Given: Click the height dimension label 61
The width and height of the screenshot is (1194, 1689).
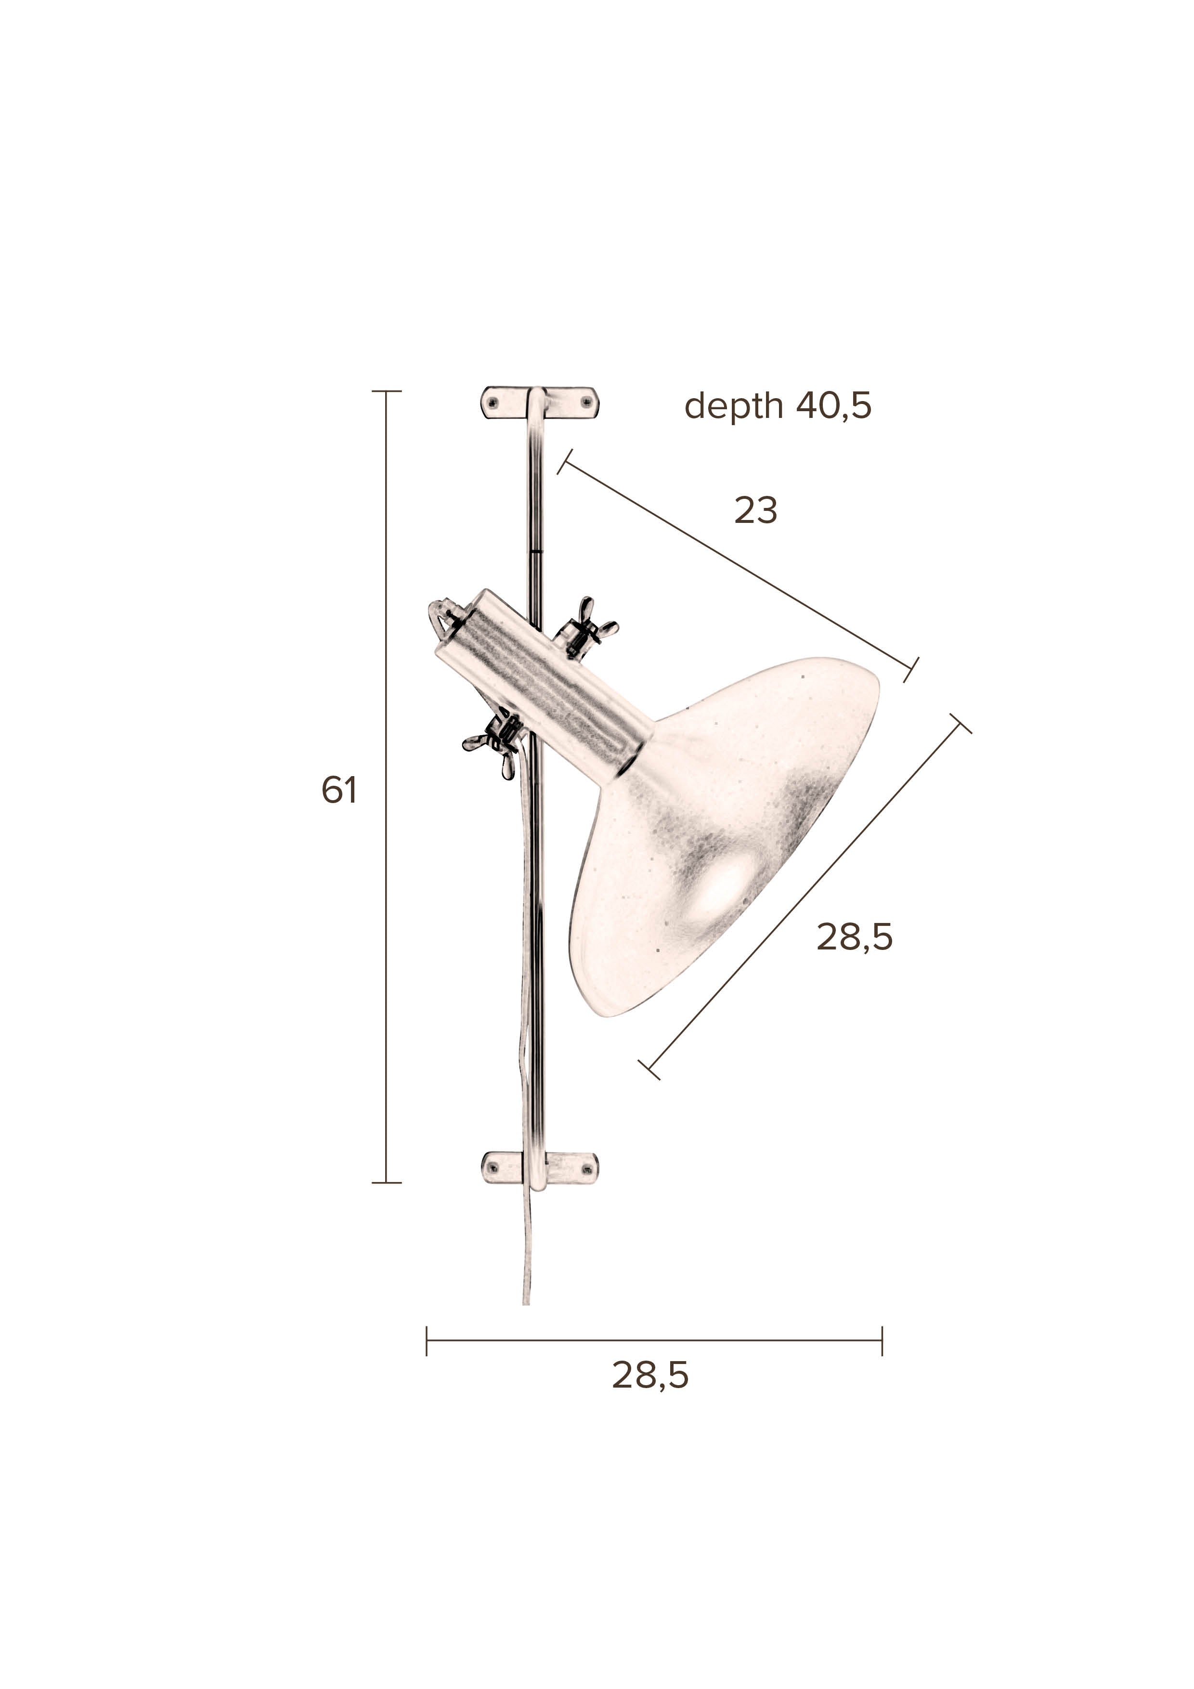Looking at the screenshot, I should click(339, 790).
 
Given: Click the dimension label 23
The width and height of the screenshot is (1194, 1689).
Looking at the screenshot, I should click(755, 510).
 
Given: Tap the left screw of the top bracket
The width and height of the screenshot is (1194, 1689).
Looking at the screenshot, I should click(493, 403).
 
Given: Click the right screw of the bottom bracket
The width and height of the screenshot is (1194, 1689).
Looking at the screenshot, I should click(587, 1169).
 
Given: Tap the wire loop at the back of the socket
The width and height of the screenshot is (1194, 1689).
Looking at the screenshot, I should click(441, 616).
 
